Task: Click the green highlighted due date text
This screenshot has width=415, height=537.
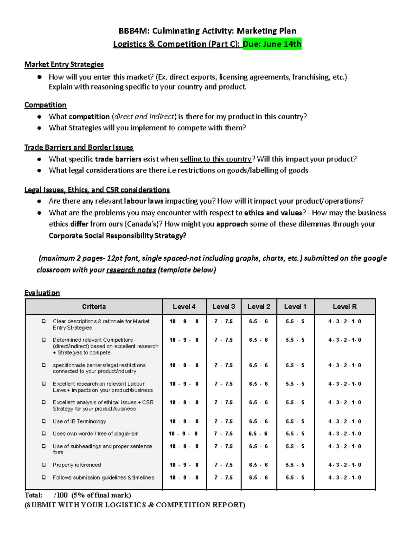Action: click(x=272, y=44)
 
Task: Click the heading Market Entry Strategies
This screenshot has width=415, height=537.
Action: click(x=64, y=64)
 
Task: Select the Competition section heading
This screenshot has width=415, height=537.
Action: click(x=45, y=105)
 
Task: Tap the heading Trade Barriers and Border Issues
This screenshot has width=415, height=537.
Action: click(x=79, y=147)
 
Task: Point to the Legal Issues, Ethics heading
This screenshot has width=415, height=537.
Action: click(x=97, y=190)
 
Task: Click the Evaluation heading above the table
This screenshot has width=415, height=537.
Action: click(x=42, y=293)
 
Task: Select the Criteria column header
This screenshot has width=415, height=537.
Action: click(x=94, y=307)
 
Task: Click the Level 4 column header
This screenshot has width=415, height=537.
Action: click(x=184, y=307)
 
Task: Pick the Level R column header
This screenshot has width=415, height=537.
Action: click(x=344, y=307)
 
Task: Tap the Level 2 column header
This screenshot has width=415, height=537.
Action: click(x=259, y=307)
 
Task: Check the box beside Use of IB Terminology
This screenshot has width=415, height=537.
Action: click(x=44, y=421)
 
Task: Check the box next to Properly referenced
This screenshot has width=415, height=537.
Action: click(x=44, y=465)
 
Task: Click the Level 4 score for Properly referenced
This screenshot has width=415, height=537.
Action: click(x=184, y=465)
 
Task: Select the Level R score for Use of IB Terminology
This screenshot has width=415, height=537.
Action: click(x=344, y=421)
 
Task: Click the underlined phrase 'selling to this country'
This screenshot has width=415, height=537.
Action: click(x=216, y=159)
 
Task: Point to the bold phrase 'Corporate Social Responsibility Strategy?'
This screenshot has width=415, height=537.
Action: click(x=117, y=236)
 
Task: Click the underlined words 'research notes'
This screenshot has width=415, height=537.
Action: click(x=131, y=270)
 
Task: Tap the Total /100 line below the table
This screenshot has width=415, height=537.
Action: click(x=78, y=495)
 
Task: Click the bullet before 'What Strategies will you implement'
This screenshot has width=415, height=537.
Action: click(x=39, y=128)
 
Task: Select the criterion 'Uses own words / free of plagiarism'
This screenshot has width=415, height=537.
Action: click(x=95, y=434)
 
